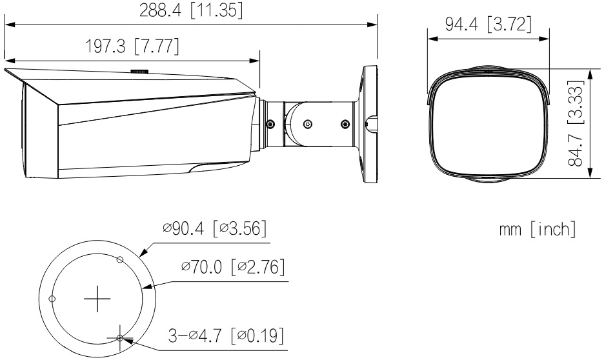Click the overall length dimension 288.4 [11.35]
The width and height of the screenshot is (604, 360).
point(191,10)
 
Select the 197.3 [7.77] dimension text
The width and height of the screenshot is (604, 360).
point(132,46)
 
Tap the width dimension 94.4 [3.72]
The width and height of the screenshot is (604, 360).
point(488,25)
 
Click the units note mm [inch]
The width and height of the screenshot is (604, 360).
point(538,230)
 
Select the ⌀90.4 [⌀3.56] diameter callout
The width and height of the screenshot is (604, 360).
point(214,228)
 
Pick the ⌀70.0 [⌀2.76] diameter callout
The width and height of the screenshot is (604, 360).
point(233,266)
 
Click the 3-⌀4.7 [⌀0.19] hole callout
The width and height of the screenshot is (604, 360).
point(226,335)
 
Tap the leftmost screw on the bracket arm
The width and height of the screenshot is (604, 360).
point(270,124)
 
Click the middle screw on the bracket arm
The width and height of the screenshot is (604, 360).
point(308,124)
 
